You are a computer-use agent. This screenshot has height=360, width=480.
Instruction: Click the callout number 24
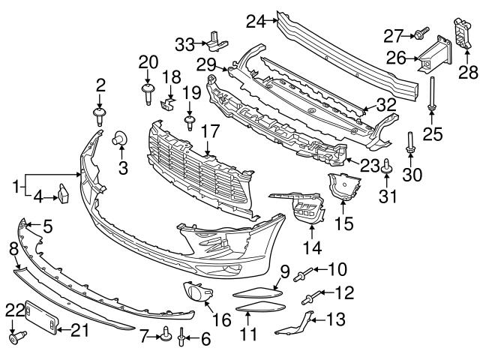[256, 22]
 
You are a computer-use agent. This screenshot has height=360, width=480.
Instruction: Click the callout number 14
[310, 247]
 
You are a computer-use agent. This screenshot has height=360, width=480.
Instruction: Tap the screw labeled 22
[14, 338]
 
